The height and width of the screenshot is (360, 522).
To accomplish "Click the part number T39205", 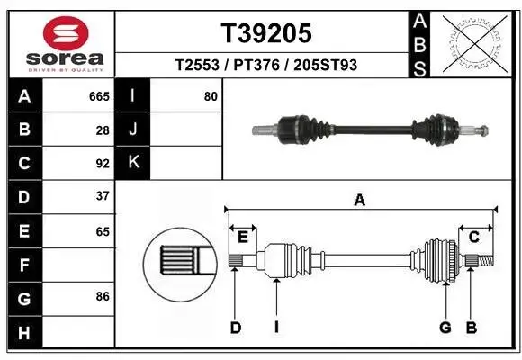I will coord(266,33).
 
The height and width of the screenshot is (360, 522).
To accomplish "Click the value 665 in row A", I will coord(99,96).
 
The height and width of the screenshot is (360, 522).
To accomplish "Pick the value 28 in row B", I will coord(103,130).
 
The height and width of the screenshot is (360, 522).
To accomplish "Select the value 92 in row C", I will coord(103,164).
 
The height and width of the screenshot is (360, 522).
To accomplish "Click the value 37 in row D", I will coord(103,196).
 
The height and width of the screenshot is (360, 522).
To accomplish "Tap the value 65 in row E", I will coord(103,231).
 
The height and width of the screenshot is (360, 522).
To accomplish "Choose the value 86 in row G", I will coord(103,295).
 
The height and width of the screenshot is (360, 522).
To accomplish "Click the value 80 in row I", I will coord(211,96).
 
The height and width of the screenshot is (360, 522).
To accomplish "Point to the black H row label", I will coord(24,332).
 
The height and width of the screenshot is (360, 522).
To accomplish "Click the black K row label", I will coord(133,163).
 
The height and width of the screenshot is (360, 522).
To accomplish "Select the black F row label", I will coord(24,265).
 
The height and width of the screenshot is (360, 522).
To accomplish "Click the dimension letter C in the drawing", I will coord(472,237).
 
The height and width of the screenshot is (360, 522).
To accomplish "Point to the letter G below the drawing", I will coord(445,328).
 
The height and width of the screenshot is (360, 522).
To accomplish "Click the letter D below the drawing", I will coord(236,328).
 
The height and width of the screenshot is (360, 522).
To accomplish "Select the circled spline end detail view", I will coord(180,263).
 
